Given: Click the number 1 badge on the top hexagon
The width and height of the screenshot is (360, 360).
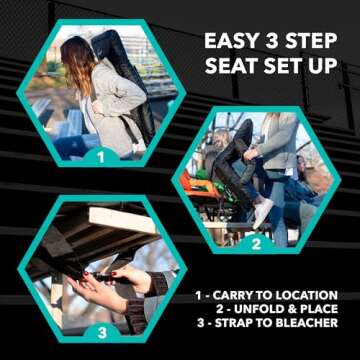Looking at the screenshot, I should (x=100, y=156).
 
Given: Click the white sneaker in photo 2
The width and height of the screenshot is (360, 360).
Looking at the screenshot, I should (x=262, y=211).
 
